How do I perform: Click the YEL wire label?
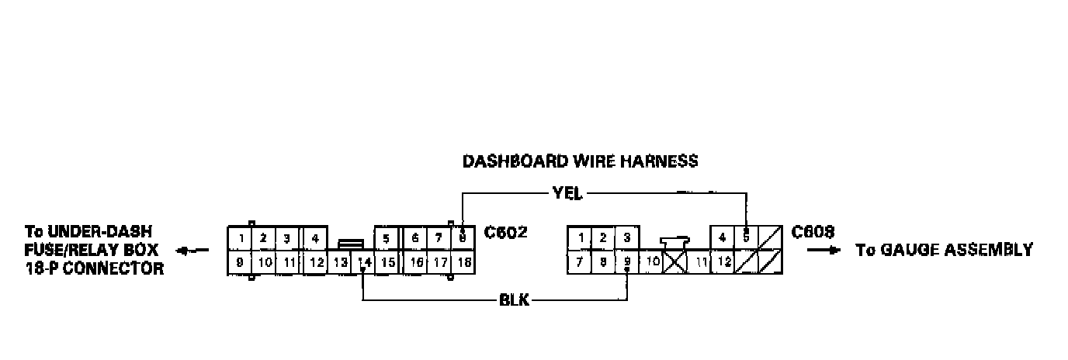567,194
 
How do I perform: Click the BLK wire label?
514,300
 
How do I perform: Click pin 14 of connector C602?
363,262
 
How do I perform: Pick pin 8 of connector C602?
463,237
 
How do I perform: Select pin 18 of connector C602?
463,262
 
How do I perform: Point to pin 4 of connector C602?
314,237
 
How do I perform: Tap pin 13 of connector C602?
340,262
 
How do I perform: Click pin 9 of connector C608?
627,262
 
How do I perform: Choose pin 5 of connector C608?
746,237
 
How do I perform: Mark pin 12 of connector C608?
723,262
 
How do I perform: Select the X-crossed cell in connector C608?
676,262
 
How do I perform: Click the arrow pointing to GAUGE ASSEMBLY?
824,251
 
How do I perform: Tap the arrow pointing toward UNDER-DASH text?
192,251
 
